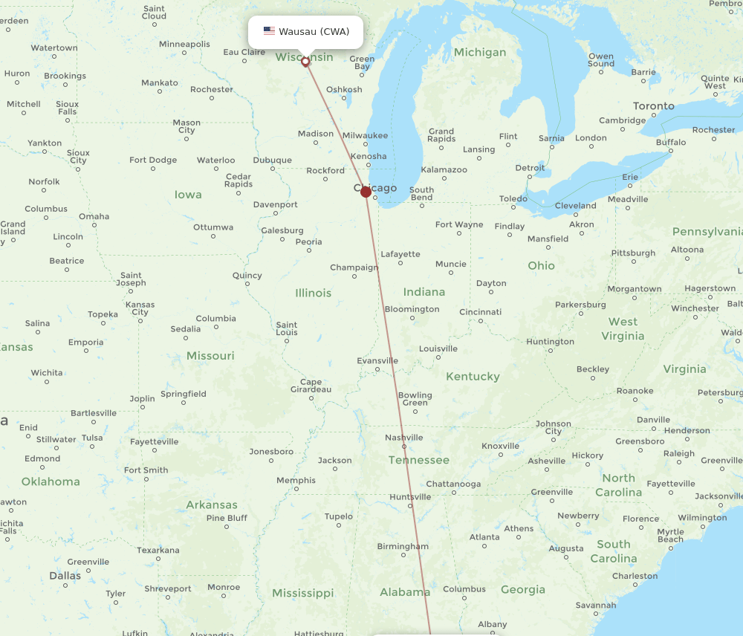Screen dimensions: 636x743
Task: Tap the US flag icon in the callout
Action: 269,31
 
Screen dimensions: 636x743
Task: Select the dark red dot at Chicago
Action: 366,192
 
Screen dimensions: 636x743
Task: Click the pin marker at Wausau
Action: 305,62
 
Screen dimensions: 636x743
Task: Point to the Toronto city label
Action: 653,106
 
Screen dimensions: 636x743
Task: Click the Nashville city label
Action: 404,438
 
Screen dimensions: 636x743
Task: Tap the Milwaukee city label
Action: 366,135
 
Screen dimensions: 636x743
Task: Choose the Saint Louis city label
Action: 287,328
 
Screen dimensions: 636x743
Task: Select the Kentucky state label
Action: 473,377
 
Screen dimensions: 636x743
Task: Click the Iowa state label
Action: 188,195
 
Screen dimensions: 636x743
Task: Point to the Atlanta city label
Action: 484,537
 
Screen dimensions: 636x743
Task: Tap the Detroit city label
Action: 530,168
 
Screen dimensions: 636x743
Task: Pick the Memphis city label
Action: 296,480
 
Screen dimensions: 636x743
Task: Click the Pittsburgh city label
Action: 633,253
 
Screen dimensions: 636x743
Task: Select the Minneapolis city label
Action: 184,44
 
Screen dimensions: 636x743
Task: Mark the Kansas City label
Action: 140,308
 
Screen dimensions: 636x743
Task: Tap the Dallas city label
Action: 65,576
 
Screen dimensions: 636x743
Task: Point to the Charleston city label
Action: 635,576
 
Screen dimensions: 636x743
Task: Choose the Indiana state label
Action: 424,292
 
